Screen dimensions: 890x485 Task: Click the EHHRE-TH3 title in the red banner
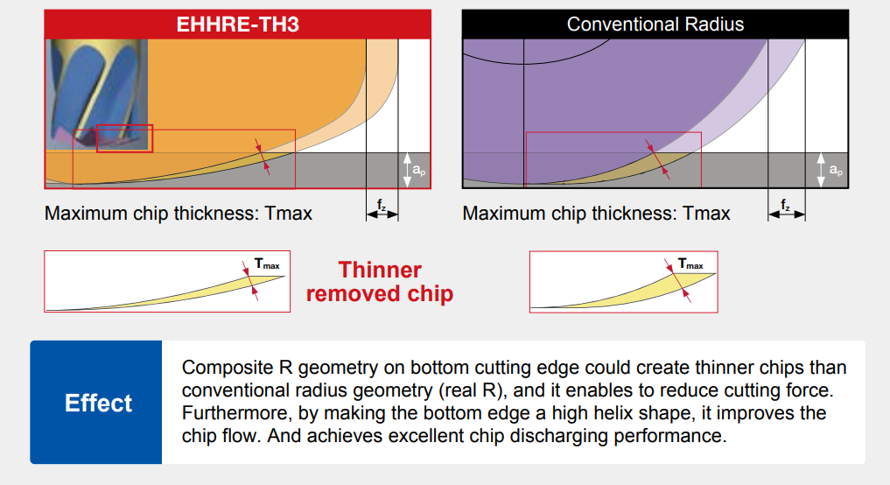tap(237, 25)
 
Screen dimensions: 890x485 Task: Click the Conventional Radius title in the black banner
tap(655, 25)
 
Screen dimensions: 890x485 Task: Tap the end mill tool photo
tap(96, 95)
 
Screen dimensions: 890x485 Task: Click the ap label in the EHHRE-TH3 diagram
tap(419, 170)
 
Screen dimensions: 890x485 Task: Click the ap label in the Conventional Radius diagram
tap(836, 170)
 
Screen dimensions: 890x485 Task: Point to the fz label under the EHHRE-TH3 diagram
tap(382, 205)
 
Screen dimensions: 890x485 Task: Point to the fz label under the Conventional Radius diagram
tap(786, 205)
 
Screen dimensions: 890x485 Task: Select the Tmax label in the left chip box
tap(267, 264)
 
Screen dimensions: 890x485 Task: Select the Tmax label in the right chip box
tap(690, 264)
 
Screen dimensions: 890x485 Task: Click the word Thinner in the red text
tap(380, 270)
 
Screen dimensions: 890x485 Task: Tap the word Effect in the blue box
tap(98, 403)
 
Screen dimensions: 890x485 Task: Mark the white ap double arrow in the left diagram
tap(407, 170)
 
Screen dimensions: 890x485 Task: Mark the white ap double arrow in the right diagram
tap(821, 170)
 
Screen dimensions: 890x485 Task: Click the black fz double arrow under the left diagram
tap(382, 214)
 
